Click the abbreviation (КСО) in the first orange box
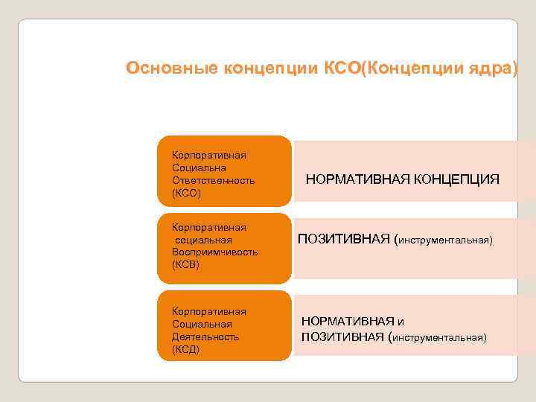point(186,193)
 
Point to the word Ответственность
point(213,180)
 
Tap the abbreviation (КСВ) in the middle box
point(186,264)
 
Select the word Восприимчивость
point(214,252)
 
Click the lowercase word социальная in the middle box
point(203,240)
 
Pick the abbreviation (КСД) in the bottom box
point(186,349)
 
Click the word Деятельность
point(205,336)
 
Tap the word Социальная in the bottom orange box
point(202,324)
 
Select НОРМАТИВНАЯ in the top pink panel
point(349,179)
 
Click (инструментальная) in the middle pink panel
point(444,240)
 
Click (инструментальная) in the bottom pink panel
point(440,338)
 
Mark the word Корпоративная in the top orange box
point(209,155)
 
